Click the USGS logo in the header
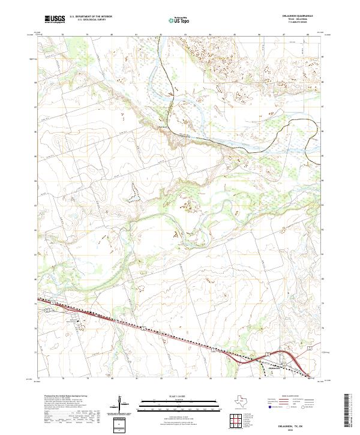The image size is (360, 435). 55,20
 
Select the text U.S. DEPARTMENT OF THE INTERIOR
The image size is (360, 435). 91,17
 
